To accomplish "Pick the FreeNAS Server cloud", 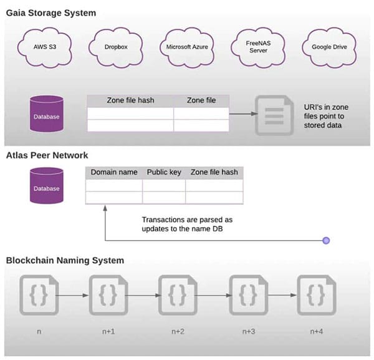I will (x=256, y=47).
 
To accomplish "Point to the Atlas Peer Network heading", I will (x=47, y=155).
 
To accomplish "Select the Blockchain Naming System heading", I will (x=65, y=260).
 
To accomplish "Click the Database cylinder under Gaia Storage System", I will (x=47, y=115).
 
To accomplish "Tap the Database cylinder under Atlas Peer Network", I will (x=47, y=187).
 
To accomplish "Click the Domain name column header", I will (x=113, y=172).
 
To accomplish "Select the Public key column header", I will (x=164, y=172).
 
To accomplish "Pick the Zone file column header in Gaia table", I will (x=201, y=100).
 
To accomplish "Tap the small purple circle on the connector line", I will (x=325, y=240).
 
